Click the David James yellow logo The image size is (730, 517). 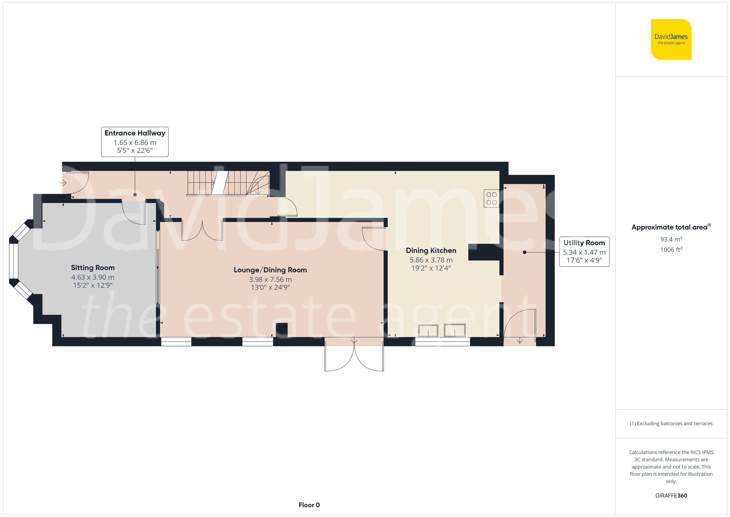[671, 39]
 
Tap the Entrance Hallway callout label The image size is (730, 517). [135, 142]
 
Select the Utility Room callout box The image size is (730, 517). [584, 252]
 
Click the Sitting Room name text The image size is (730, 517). [93, 268]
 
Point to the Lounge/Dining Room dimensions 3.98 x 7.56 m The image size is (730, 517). [270, 280]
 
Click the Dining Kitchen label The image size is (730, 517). [431, 251]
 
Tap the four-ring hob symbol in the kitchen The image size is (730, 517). [491, 198]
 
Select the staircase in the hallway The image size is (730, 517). [228, 183]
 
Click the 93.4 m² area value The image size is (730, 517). [671, 239]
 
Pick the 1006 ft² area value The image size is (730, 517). [671, 250]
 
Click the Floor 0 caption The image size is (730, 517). [309, 505]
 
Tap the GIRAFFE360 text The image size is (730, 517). [671, 496]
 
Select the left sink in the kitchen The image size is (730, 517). [428, 331]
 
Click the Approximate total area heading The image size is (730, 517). [671, 227]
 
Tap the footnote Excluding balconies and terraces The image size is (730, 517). [671, 423]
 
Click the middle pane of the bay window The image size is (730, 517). [14, 261]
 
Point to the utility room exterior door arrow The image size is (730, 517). [520, 341]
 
